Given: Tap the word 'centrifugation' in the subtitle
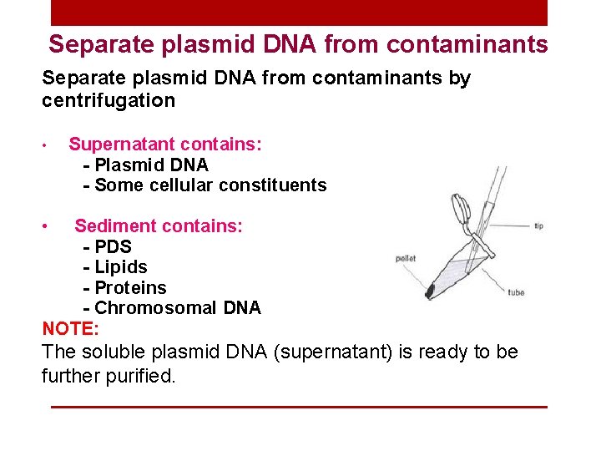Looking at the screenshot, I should (109, 101).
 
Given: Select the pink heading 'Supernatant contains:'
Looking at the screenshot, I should (165, 144).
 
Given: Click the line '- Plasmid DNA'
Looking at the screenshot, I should (146, 165).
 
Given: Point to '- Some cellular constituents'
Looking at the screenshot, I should (205, 185).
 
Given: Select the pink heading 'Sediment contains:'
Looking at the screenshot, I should (159, 225).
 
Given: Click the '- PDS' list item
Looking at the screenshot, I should (108, 246).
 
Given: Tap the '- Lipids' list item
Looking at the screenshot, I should (115, 267).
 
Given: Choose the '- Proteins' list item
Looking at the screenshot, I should (125, 287).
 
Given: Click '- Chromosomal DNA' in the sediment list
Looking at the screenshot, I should (172, 307).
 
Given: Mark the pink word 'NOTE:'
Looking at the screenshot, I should (70, 328).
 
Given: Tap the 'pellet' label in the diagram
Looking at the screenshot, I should (406, 259).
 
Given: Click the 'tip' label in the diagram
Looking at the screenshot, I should (538, 225).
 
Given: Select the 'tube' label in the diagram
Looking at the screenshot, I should (516, 292).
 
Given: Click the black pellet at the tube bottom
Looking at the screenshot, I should (430, 291).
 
